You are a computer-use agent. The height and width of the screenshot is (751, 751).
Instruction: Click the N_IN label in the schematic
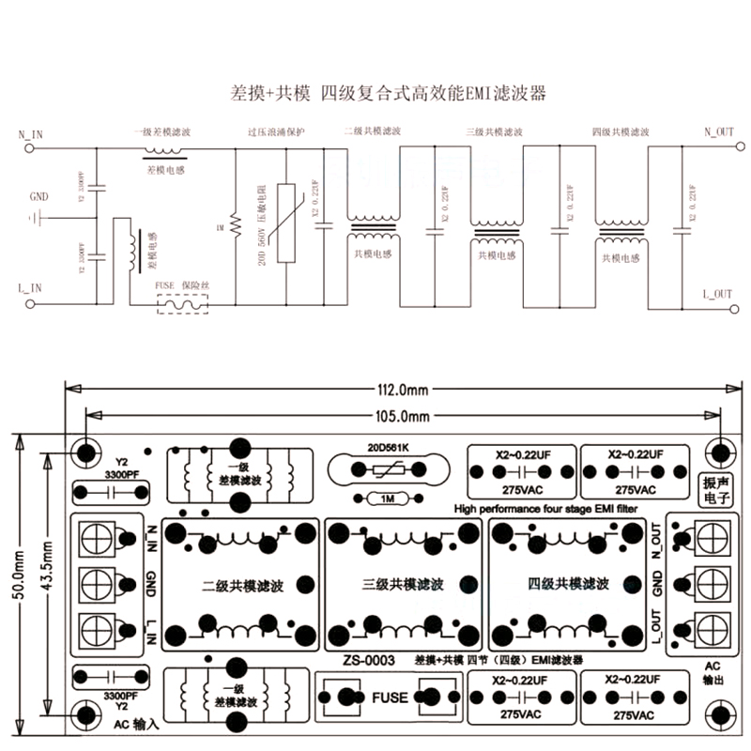click(x=31, y=134)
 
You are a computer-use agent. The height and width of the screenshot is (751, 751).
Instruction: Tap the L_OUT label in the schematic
click(x=717, y=294)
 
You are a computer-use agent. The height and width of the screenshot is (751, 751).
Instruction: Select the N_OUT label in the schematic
click(x=718, y=133)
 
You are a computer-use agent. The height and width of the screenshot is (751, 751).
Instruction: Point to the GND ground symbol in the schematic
click(x=38, y=218)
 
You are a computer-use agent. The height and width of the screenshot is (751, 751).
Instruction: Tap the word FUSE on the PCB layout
click(x=390, y=697)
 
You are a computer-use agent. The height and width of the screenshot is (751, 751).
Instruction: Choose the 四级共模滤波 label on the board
click(x=568, y=584)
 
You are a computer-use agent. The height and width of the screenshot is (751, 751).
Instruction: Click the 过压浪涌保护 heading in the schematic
click(x=276, y=133)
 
